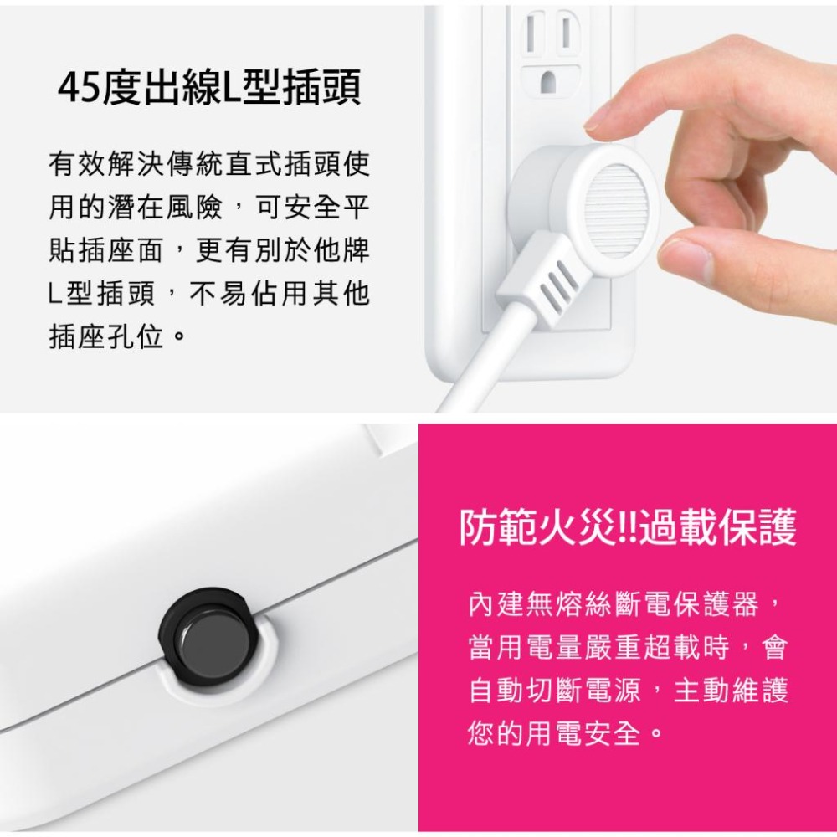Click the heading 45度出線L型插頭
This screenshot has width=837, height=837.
click(x=209, y=90)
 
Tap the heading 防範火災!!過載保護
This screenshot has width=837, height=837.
click(x=629, y=529)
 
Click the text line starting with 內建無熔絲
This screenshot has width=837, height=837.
click(x=627, y=603)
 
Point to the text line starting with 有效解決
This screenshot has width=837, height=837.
click(x=208, y=163)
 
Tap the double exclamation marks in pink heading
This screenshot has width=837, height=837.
click(x=626, y=529)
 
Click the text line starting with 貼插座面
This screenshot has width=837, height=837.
click(x=208, y=250)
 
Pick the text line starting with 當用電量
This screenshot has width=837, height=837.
click(x=627, y=647)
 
